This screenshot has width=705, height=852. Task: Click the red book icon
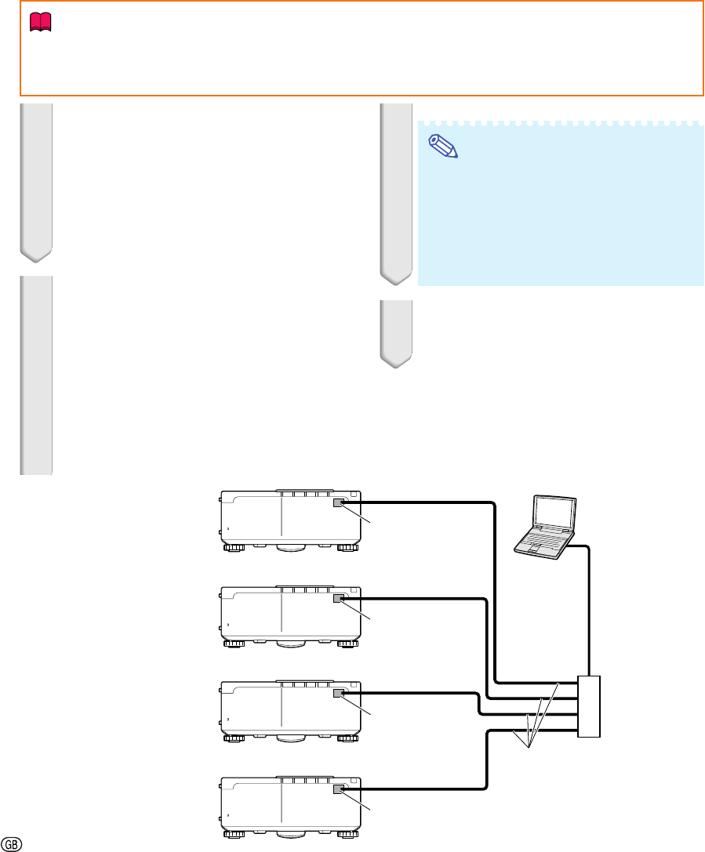tap(40, 22)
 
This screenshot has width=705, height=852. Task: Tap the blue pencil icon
tap(444, 146)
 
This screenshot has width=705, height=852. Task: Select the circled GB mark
tap(12, 844)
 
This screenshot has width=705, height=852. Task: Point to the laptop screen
tap(554, 513)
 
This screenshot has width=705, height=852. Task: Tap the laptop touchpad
tap(533, 549)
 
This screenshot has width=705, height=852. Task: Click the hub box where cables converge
tap(589, 706)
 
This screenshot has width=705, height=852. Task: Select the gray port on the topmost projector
tap(339, 502)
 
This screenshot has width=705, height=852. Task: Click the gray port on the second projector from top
tap(339, 598)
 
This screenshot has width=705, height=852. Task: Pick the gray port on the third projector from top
tap(339, 693)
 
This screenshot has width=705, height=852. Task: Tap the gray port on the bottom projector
tap(339, 789)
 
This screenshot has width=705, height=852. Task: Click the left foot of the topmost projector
tap(234, 548)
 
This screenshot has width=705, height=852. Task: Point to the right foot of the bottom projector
tap(348, 834)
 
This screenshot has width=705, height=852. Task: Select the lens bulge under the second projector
tap(291, 644)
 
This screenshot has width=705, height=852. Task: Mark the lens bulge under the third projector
tap(291, 738)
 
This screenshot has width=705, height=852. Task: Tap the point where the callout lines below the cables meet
tap(529, 748)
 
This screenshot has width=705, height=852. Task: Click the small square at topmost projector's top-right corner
tap(354, 495)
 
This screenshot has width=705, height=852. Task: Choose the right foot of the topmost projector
tap(348, 548)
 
